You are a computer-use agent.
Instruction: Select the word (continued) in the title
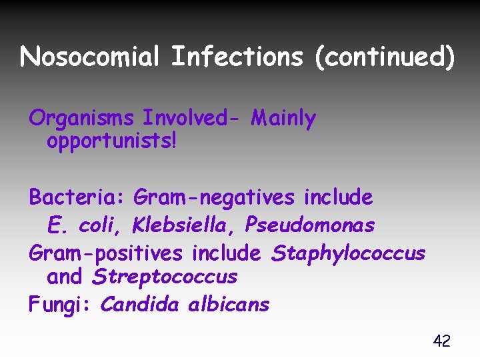[x=385, y=57]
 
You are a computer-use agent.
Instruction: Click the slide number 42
[x=441, y=341]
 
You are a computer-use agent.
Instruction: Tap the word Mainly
[x=283, y=119]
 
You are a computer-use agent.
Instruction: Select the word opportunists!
[x=111, y=141]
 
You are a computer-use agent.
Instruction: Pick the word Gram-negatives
[x=213, y=197]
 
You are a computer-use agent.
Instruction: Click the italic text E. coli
[x=85, y=225]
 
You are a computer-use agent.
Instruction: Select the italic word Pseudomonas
[x=310, y=225]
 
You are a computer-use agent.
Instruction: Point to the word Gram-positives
[x=105, y=254]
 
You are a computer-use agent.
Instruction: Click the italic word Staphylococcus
[x=347, y=254]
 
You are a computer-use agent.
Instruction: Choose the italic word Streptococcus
[x=165, y=276]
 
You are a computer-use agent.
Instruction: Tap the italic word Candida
[x=139, y=305]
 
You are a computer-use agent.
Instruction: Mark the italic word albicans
[x=229, y=305]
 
